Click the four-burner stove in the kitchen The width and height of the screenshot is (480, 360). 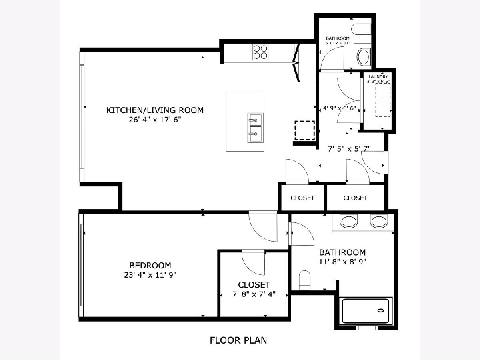pos(260,52)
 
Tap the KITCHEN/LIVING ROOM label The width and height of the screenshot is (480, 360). pos(155,110)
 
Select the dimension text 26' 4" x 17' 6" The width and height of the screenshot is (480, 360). pos(155,120)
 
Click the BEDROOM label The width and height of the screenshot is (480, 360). pos(150,265)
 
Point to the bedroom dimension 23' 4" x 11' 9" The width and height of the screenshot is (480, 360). pos(150,275)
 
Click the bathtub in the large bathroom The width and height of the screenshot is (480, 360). pos(366,311)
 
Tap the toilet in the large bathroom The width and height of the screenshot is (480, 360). pos(304,280)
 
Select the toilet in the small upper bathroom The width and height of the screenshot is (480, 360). pos(361,29)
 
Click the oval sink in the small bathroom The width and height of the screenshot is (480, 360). pos(364,57)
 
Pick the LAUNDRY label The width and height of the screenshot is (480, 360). pos(378,77)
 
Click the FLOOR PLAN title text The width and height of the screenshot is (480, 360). pos(238,340)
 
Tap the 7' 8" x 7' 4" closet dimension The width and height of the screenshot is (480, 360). pos(254,294)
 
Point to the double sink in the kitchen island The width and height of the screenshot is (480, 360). pos(255,128)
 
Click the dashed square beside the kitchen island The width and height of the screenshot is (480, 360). pos(304,130)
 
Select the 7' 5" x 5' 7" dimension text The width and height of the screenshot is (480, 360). pos(349,149)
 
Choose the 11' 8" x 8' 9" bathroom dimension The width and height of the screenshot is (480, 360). pos(342,262)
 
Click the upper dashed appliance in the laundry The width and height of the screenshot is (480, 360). pos(383,90)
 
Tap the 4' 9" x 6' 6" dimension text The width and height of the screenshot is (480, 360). pos(340,108)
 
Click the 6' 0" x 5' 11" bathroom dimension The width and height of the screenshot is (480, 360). pos(338,43)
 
